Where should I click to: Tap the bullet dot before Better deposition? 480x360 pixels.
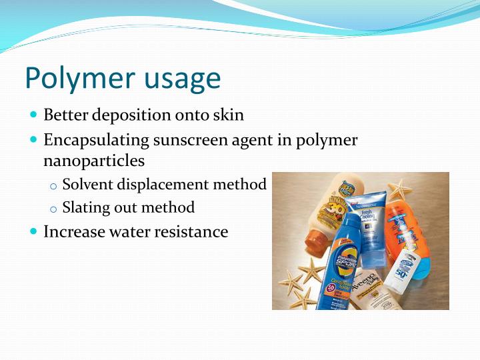(35, 115)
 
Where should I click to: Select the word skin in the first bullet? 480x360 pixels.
(229, 115)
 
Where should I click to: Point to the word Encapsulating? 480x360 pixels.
(97, 141)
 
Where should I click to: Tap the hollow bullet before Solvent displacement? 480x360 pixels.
(54, 185)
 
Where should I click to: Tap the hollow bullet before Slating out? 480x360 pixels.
(54, 209)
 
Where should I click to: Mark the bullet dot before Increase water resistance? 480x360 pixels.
(35, 231)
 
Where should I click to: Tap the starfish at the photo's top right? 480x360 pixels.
(399, 189)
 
